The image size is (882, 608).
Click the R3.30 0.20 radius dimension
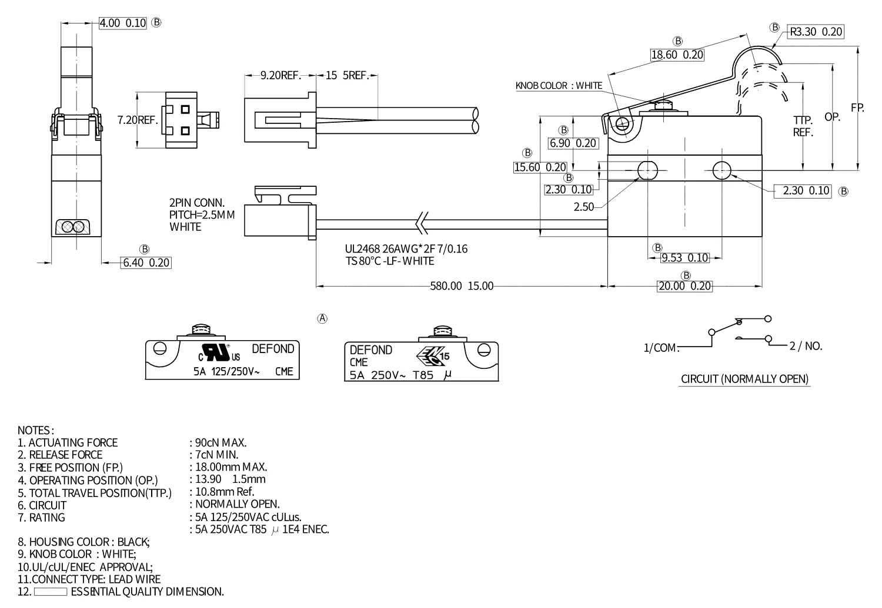[x=816, y=32]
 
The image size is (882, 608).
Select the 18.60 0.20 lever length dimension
[x=677, y=55]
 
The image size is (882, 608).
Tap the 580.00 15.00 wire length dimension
[x=462, y=286]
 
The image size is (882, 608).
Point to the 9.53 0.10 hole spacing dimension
[x=684, y=258]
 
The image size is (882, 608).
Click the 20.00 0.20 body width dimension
[x=684, y=286]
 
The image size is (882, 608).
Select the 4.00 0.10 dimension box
[x=122, y=23]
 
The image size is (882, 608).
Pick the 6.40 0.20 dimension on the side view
[x=146, y=263]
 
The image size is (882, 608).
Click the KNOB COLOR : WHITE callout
[x=559, y=86]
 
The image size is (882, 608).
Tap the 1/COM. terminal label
[x=661, y=348]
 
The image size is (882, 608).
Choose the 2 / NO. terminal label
[x=806, y=346]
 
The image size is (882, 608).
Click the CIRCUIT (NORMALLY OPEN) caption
[x=744, y=379]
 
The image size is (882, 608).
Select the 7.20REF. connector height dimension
[x=138, y=120]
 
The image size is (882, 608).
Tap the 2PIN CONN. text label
[x=197, y=203]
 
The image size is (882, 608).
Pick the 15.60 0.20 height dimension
[x=540, y=167]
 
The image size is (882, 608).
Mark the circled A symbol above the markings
[x=322, y=318]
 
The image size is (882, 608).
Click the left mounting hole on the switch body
[x=647, y=170]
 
